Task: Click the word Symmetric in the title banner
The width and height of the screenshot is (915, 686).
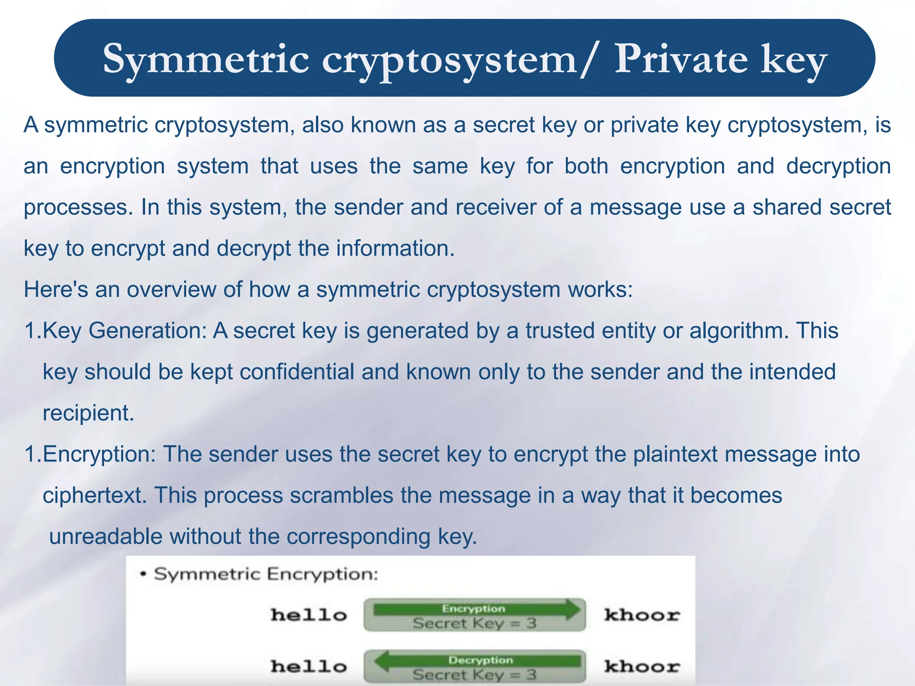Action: pos(206,59)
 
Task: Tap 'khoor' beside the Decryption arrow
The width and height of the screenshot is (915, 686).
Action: pos(642,666)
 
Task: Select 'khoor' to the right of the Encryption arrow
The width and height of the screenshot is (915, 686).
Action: pos(642,615)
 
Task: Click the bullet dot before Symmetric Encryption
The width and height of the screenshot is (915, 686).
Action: pos(143,574)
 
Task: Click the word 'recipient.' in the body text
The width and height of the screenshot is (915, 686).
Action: pos(88,413)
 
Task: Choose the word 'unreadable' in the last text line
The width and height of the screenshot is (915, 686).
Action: pos(105,536)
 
